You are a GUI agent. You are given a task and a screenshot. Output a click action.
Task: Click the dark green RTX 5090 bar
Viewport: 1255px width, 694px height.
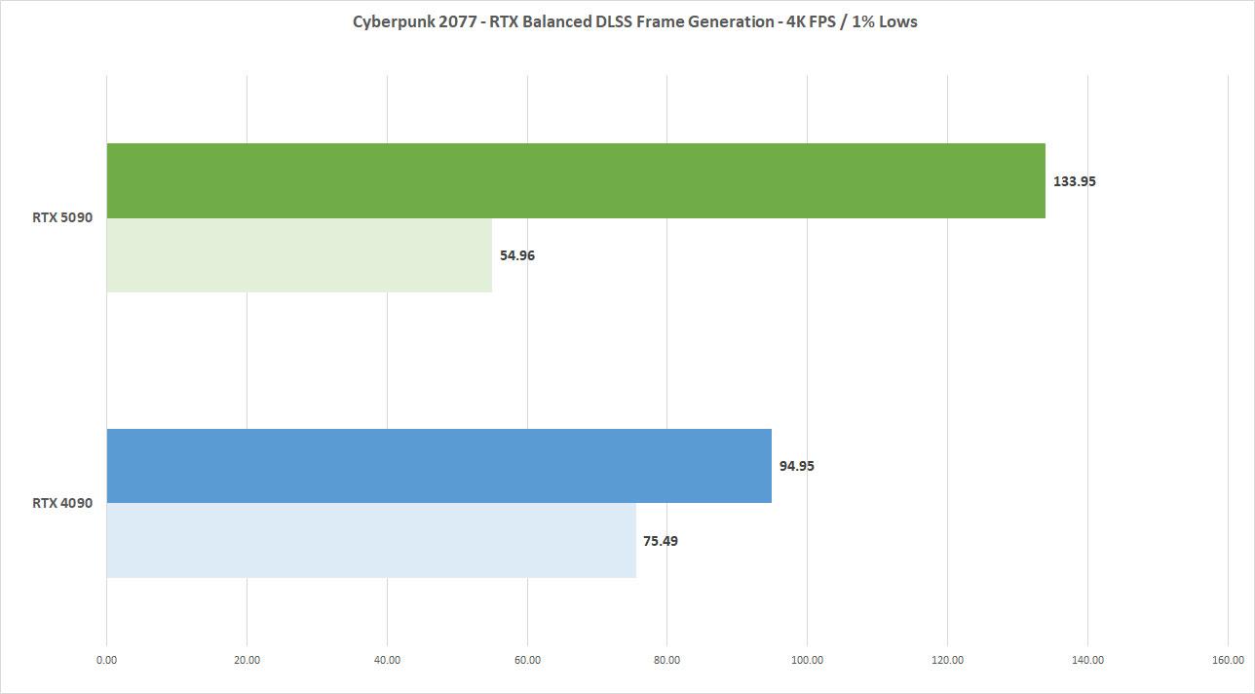click(575, 180)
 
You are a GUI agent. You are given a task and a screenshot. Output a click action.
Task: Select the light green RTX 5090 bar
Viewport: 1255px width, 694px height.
click(299, 255)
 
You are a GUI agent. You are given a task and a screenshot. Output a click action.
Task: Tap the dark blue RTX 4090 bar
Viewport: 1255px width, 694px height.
click(438, 466)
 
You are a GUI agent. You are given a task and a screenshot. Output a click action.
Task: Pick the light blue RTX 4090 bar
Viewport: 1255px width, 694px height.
click(370, 541)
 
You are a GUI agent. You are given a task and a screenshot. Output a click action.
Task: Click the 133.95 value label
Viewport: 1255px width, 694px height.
click(1074, 181)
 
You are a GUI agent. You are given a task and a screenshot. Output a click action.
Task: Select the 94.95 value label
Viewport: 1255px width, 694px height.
click(796, 466)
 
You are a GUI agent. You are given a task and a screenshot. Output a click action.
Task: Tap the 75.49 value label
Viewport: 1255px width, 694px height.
click(660, 541)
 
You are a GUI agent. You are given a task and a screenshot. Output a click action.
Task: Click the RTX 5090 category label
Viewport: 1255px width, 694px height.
click(62, 218)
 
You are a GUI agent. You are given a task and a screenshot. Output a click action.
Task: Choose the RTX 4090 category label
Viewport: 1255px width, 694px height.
click(62, 504)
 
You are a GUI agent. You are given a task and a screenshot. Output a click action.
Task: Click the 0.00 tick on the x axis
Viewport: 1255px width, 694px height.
click(106, 660)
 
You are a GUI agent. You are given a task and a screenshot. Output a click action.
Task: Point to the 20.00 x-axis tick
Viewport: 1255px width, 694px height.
click(247, 660)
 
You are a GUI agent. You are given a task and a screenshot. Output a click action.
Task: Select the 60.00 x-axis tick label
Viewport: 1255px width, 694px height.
click(527, 660)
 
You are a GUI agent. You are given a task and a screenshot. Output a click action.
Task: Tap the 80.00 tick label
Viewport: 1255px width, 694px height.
click(667, 660)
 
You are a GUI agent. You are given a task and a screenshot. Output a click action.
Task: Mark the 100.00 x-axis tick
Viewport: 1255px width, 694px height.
click(807, 660)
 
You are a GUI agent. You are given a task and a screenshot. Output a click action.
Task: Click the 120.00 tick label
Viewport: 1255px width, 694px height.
click(947, 660)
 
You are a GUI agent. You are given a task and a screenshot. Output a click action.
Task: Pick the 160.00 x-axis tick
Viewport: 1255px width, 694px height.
click(1228, 660)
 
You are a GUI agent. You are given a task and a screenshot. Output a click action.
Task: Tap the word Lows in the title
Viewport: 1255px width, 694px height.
click(897, 21)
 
